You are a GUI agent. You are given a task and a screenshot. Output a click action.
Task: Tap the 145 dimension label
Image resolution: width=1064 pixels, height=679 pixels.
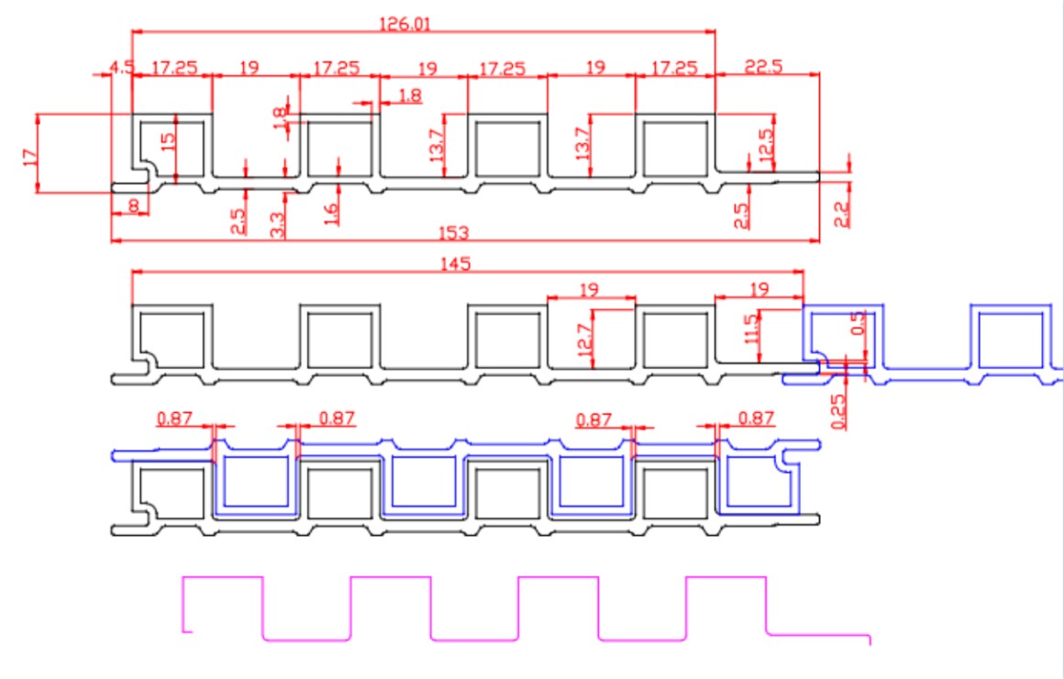[455, 265]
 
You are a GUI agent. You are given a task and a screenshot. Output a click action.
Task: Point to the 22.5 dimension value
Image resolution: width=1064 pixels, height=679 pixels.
[766, 67]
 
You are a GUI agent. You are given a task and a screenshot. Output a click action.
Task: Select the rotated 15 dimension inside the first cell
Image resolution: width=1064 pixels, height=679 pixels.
[167, 142]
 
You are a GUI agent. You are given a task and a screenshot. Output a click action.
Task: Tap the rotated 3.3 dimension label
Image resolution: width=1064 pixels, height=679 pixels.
[278, 223]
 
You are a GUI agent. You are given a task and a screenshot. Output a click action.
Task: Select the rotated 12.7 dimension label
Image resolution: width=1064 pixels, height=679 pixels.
[585, 337]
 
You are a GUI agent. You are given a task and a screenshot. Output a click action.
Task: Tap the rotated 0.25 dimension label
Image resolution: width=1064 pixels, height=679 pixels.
[837, 411]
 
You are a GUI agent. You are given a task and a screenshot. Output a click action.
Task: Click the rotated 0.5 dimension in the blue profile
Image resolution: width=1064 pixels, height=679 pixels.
[859, 323]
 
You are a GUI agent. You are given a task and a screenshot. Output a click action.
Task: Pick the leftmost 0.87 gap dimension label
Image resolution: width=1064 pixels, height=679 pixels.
[174, 418]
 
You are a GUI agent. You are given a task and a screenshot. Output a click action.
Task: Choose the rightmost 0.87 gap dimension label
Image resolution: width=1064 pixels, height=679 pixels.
[756, 418]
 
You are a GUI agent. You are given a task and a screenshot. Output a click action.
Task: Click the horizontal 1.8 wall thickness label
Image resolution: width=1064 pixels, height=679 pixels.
[411, 95]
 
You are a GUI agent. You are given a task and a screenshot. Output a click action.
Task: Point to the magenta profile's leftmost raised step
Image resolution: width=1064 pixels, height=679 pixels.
[224, 578]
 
